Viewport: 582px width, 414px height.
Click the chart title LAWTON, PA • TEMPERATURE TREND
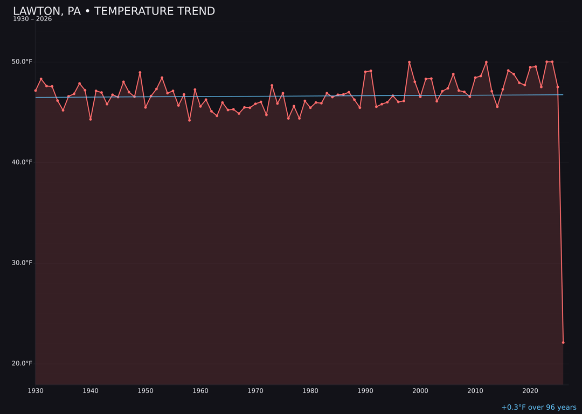coord(114,11)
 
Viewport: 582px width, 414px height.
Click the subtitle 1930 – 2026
coord(32,19)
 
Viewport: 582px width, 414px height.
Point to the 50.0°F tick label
coord(22,61)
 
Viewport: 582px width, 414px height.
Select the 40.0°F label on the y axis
coord(22,162)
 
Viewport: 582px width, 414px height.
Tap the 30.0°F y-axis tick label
coord(22,263)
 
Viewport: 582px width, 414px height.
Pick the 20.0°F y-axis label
coord(22,363)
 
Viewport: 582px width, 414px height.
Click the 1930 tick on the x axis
coord(36,391)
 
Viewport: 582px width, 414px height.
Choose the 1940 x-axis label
coord(91,391)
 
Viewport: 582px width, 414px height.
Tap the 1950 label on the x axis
coord(145,391)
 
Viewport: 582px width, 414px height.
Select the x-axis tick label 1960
coord(200,391)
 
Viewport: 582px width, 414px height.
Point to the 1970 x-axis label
coord(255,391)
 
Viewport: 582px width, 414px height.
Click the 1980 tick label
coord(310,391)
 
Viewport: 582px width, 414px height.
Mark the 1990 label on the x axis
coord(365,391)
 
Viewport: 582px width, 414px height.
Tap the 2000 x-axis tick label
coord(420,391)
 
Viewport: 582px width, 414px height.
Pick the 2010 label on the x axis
coord(475,391)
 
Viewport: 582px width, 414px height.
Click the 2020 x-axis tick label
coord(530,391)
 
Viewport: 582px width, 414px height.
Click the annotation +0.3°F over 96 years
coord(538,408)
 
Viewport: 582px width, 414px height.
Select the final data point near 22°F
coord(563,342)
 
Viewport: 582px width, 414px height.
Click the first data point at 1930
coord(36,91)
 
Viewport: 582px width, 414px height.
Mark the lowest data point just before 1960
coord(189,120)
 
